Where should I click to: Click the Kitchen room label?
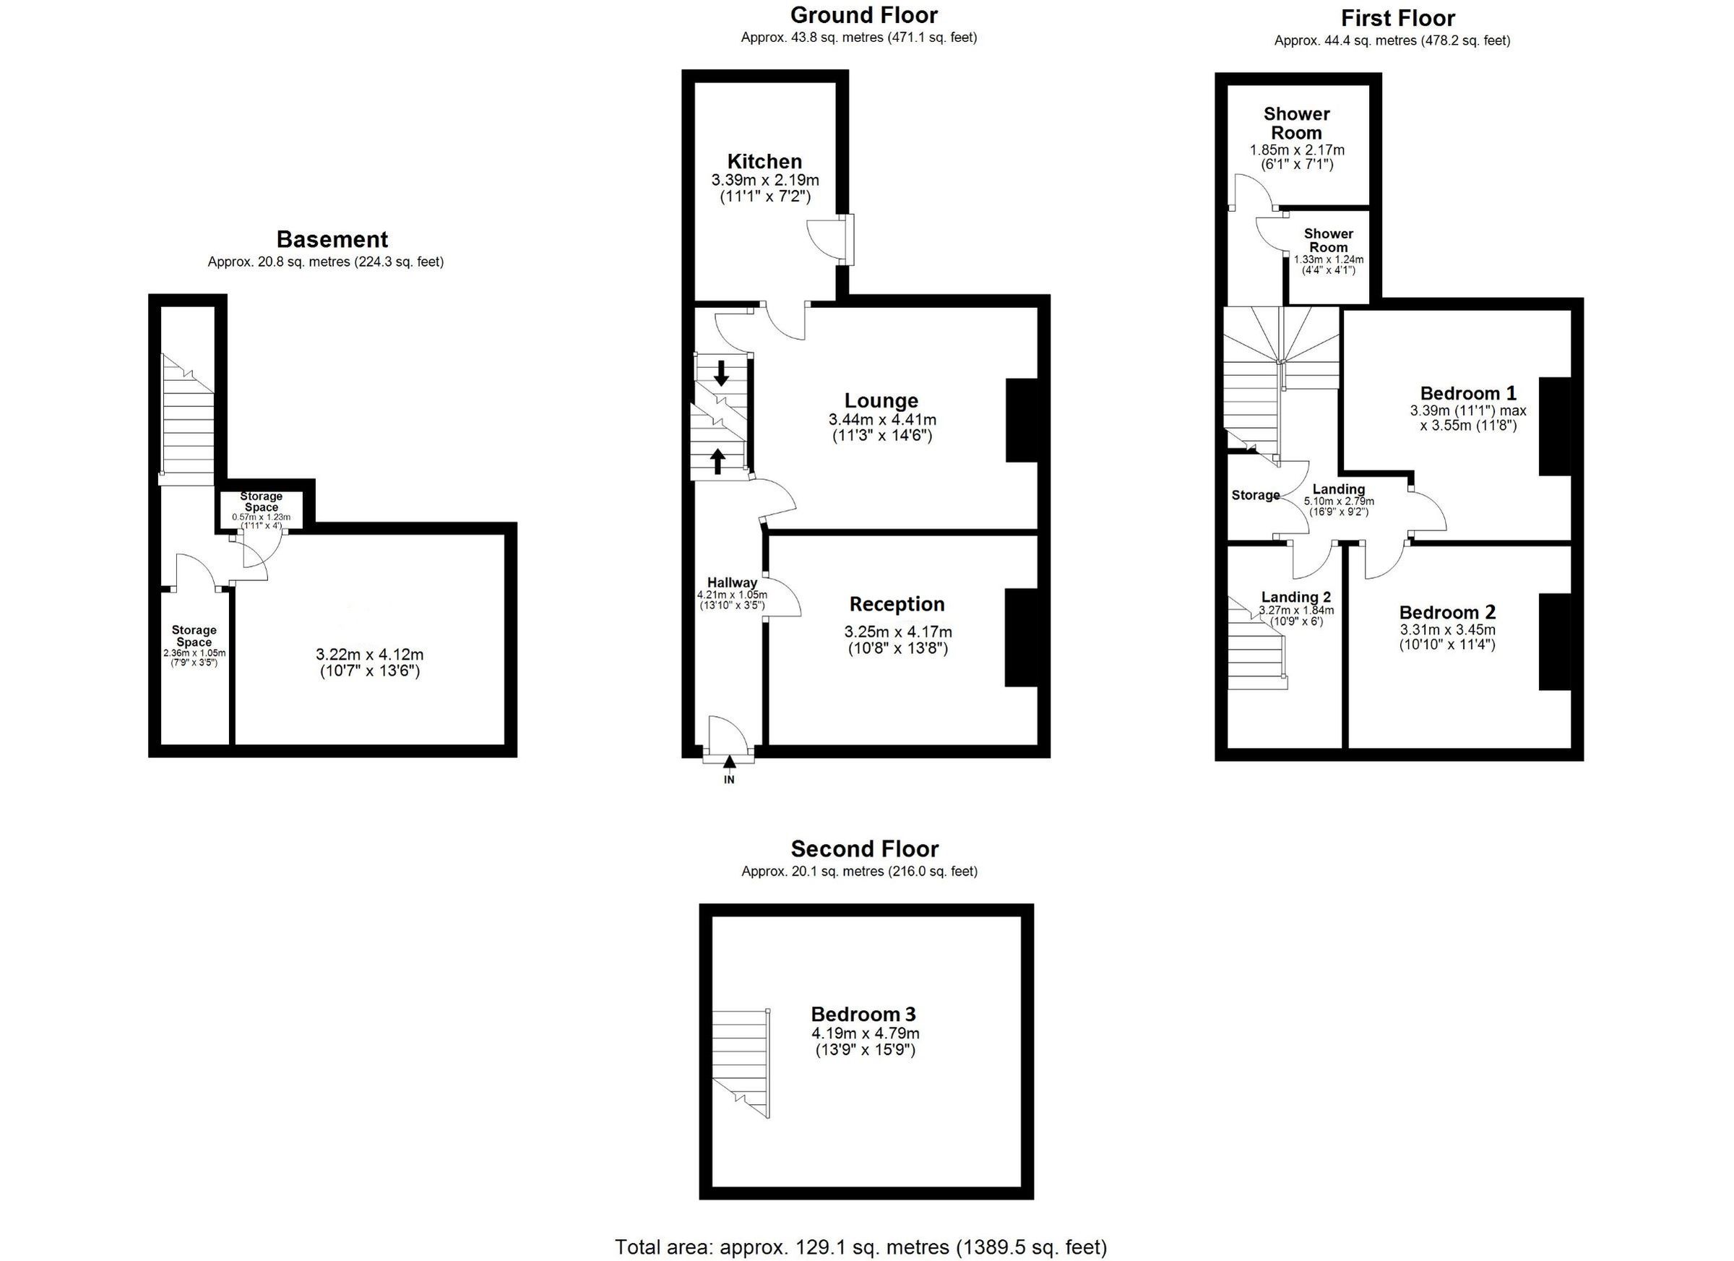(x=764, y=161)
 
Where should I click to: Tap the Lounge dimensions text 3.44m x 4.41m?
(x=881, y=420)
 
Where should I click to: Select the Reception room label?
(x=897, y=604)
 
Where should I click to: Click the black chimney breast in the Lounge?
(x=1021, y=421)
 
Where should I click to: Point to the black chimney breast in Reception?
(x=1021, y=637)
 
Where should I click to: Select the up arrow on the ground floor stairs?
(x=717, y=461)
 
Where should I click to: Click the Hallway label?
(x=732, y=582)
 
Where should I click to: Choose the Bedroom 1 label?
(x=1468, y=394)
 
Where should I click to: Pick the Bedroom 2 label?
(x=1446, y=613)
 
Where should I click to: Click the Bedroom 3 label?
(x=863, y=1015)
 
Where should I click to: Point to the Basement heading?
(x=332, y=239)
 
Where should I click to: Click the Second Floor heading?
(x=864, y=849)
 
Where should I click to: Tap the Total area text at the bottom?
(x=861, y=1247)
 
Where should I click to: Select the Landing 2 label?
(x=1296, y=597)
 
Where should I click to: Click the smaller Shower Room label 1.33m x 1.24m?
(x=1328, y=240)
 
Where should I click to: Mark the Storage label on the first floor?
(x=1256, y=496)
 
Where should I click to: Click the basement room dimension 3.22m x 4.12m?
(x=369, y=655)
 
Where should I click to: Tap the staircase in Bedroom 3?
(x=740, y=1063)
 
